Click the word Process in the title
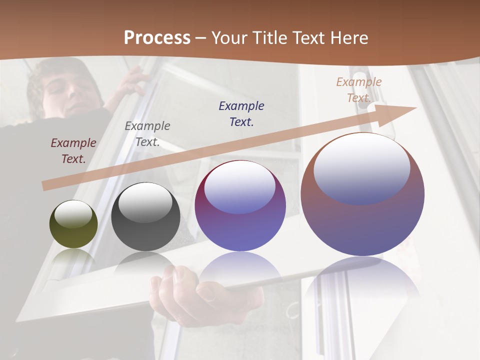157,38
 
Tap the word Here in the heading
349,38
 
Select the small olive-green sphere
73,224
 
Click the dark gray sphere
145,216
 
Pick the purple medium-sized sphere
240,205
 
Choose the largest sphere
362,194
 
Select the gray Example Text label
147,134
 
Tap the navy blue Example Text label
241,114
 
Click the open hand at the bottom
200,295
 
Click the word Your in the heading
230,38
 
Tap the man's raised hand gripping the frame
132,80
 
